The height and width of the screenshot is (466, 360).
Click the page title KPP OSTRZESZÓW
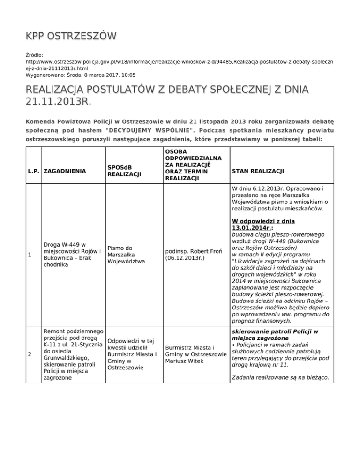click(71, 36)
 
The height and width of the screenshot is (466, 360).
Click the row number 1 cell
click(29, 255)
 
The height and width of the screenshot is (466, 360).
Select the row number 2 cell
click(29, 353)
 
